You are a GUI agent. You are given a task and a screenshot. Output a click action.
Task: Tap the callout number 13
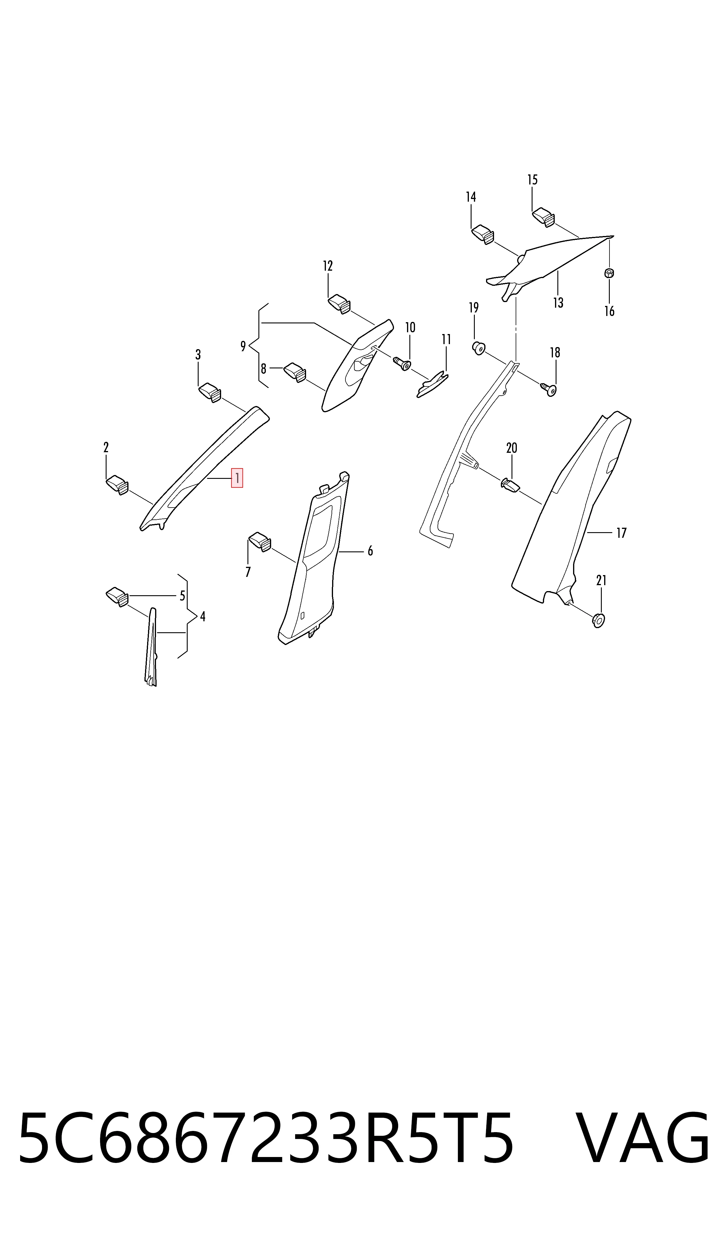[x=558, y=303]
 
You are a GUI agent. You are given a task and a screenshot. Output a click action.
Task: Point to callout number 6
[x=370, y=551]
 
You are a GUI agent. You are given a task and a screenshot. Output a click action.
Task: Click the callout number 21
[x=601, y=581]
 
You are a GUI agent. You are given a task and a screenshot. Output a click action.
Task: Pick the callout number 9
[x=243, y=346]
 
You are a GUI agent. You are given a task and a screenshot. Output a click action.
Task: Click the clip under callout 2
[x=118, y=485]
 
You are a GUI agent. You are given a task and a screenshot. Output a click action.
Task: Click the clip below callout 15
[x=543, y=216]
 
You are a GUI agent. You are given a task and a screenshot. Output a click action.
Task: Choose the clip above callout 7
[x=260, y=542]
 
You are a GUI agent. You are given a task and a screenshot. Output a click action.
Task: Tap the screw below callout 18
[x=549, y=389]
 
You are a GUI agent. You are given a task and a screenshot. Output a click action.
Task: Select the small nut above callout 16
[x=609, y=273]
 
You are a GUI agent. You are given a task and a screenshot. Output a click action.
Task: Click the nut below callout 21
[x=599, y=620]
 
